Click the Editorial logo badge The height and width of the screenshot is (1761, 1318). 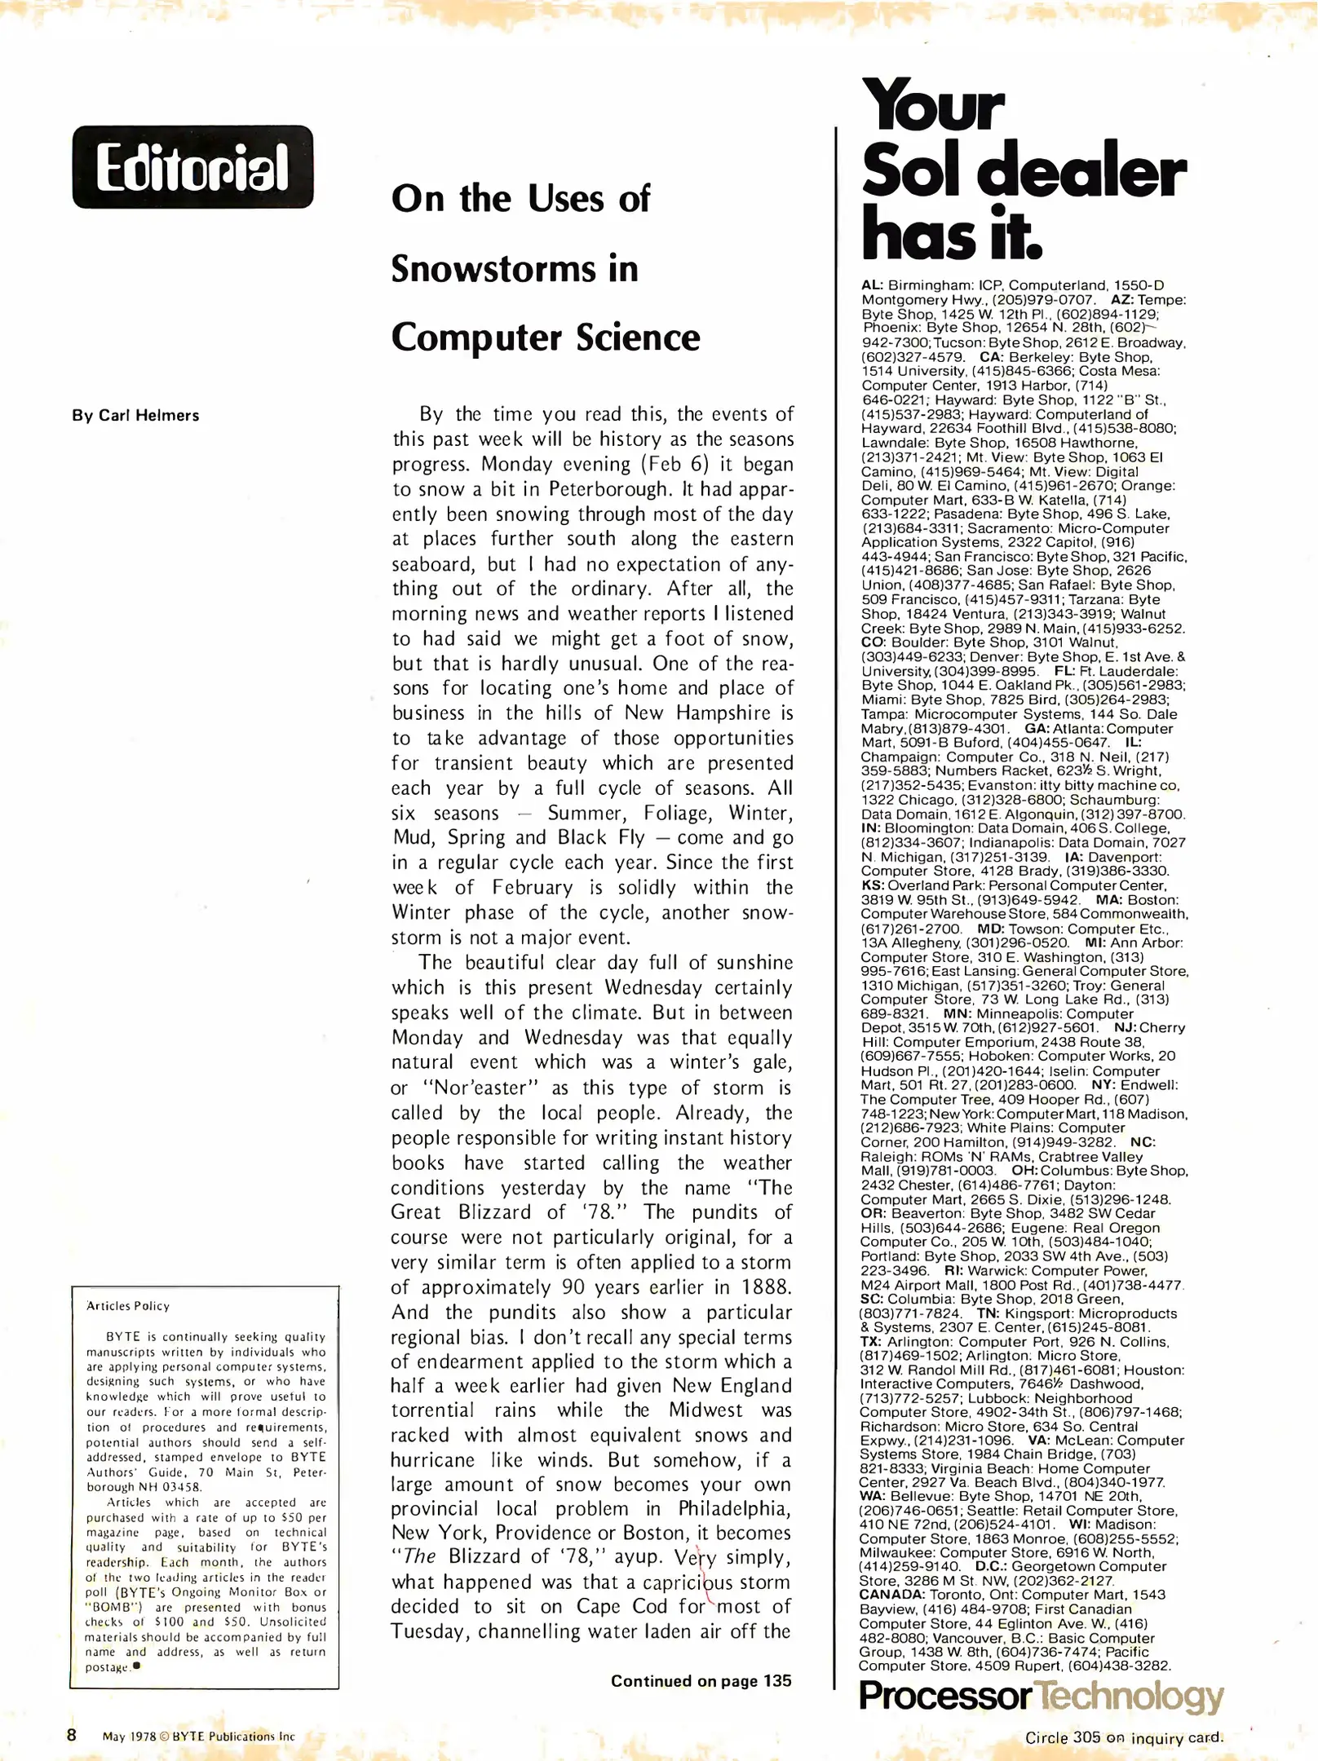click(192, 167)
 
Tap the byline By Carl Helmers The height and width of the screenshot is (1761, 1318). click(135, 415)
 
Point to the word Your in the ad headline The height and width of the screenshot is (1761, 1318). click(933, 106)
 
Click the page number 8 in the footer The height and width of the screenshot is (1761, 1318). click(72, 1734)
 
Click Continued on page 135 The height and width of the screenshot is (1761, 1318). click(701, 1680)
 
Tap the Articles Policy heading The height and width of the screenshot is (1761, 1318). click(128, 1305)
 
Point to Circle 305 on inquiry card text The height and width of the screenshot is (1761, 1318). click(1124, 1737)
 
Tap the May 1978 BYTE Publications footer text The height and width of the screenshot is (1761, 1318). click(198, 1736)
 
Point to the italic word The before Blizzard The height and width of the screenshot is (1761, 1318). click(420, 1556)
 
